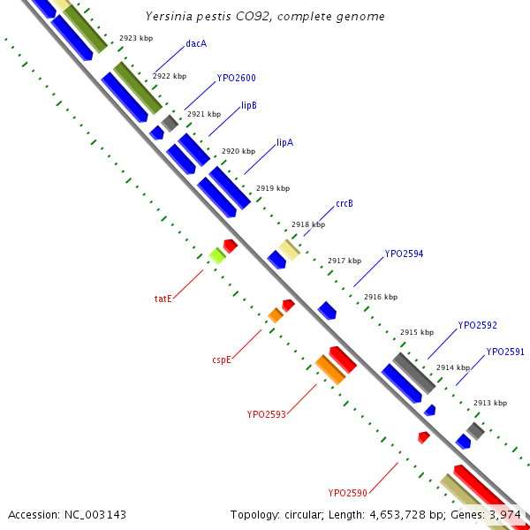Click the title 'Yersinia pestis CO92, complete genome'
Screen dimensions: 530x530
[x=265, y=17]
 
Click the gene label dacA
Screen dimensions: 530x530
[x=196, y=43]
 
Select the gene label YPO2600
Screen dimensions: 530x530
[x=236, y=79]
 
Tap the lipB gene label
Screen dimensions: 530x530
[x=249, y=105]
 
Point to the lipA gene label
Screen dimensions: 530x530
[x=284, y=142]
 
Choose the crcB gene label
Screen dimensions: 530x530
[x=344, y=204]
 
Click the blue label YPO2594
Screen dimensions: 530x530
[x=404, y=254]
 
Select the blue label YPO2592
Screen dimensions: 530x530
[x=477, y=325]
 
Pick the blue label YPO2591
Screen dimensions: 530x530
[x=505, y=352]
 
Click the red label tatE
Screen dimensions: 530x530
[x=163, y=299]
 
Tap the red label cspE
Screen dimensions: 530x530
[x=222, y=360]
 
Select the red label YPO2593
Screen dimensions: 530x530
[x=266, y=413]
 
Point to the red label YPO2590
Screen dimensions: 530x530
[x=347, y=493]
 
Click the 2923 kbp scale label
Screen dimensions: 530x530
[x=135, y=39]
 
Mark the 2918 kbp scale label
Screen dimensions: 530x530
[x=307, y=224]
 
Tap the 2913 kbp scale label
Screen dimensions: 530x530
[x=489, y=403]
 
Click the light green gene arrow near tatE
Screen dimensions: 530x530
[x=216, y=256]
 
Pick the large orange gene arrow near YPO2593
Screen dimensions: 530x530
[x=329, y=369]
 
